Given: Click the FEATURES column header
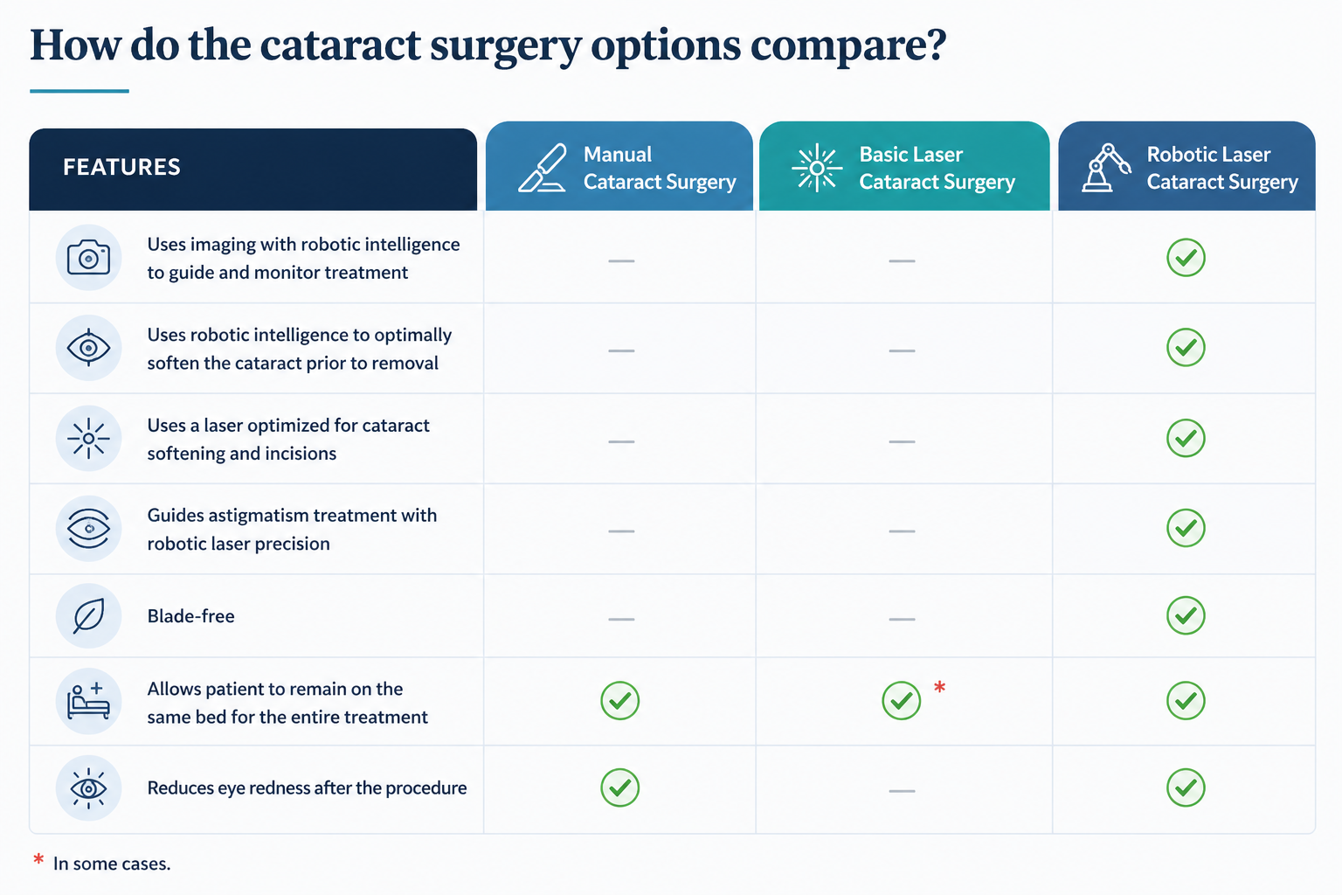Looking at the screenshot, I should point(121,167).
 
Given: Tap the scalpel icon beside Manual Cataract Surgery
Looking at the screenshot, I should point(543,168).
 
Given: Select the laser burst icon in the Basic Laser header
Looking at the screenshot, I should point(817,168).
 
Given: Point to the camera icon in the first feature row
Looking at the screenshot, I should point(88,258).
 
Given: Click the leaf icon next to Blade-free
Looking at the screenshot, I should point(88,616).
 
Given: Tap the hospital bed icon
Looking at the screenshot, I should point(88,701).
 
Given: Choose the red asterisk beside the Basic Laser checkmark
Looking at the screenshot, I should point(939,688).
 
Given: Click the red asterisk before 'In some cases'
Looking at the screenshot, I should point(38,861).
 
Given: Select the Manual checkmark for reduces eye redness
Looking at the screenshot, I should point(620,787).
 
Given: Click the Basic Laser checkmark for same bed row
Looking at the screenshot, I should point(901,701).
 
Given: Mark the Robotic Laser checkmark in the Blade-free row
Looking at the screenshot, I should point(1186,616).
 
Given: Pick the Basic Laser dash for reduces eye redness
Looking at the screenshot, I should point(902,791).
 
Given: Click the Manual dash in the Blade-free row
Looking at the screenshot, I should point(621,619).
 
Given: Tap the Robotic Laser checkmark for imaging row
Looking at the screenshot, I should point(1186,258).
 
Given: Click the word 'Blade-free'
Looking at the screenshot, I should point(190,616).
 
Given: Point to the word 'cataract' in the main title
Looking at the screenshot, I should point(340,45).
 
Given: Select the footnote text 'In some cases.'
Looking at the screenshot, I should point(112,864).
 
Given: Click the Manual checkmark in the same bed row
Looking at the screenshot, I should point(620,701).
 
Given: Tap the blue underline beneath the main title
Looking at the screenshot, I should point(80,91).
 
